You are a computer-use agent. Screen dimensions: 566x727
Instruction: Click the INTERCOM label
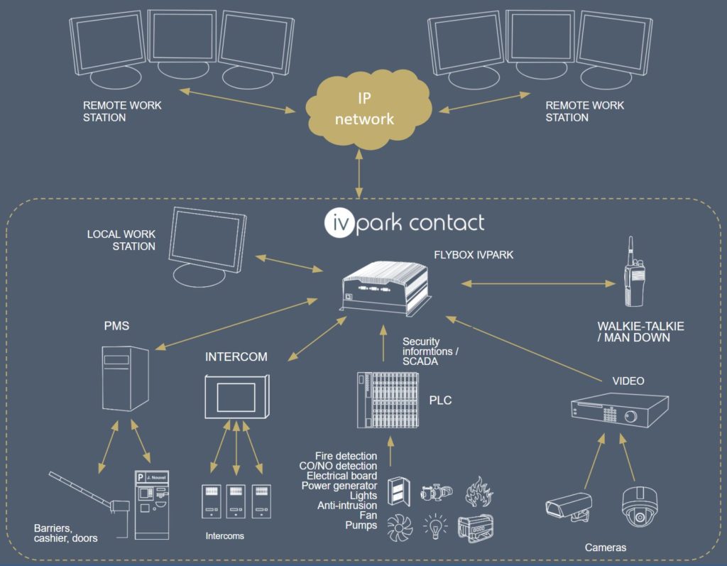pyautogui.click(x=236, y=357)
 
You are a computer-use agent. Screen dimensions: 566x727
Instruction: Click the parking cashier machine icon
pyautogui.click(x=152, y=504)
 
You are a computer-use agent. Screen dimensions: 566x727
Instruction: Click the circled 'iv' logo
pyautogui.click(x=339, y=223)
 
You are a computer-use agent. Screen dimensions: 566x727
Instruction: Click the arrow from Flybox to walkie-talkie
pyautogui.click(x=538, y=283)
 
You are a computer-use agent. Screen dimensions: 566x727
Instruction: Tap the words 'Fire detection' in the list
pyautogui.click(x=346, y=456)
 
